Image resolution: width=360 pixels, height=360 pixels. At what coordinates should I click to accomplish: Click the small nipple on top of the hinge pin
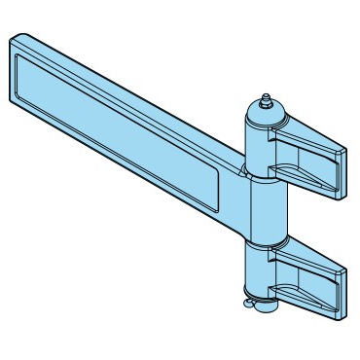point(264,99)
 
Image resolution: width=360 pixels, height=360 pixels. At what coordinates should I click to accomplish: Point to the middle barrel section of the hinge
point(264,209)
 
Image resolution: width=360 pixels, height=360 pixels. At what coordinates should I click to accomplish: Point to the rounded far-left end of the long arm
point(13,68)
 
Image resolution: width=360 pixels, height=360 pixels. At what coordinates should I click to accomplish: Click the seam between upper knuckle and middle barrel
point(263,178)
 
